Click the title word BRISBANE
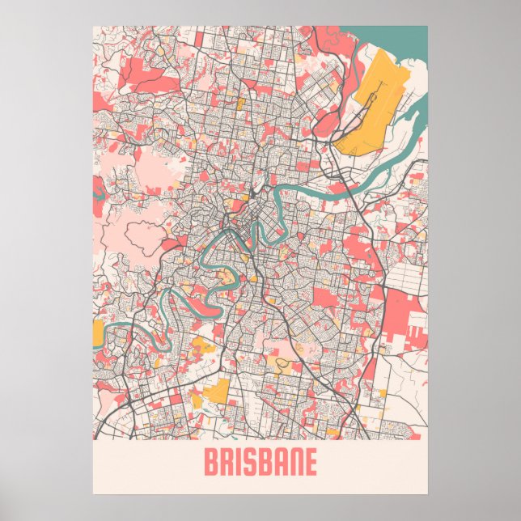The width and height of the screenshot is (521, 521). click(260, 464)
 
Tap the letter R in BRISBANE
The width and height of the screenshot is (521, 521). click(226, 464)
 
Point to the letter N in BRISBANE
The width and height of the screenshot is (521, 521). click(293, 464)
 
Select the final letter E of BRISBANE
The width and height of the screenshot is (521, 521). click(310, 464)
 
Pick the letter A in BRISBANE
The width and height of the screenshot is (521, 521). click(276, 464)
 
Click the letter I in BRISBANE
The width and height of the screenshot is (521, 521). click(237, 464)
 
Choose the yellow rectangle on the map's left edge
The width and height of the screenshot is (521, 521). click(99, 331)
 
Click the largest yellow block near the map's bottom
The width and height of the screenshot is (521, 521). click(217, 395)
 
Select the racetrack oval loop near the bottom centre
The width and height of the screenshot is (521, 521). click(282, 363)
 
